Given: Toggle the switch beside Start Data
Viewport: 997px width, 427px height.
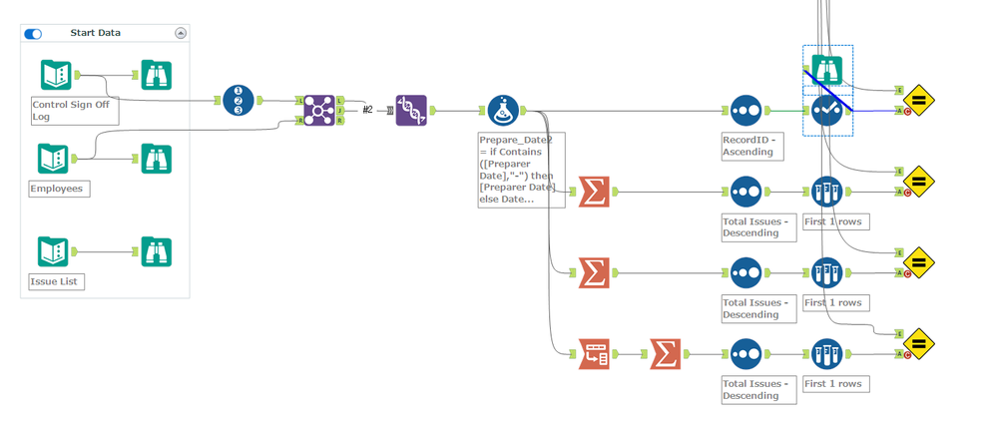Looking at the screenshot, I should [x=33, y=33].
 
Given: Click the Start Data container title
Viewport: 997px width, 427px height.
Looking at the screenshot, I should [x=95, y=33].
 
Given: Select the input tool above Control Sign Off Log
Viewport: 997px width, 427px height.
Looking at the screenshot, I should [x=56, y=76].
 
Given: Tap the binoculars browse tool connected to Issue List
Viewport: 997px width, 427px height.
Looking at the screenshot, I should [x=156, y=251].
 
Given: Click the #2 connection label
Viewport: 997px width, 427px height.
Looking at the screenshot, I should [x=367, y=110].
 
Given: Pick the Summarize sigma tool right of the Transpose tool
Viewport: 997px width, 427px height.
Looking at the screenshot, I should [x=665, y=353].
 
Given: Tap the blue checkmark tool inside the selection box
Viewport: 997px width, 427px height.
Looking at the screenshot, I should [x=827, y=112].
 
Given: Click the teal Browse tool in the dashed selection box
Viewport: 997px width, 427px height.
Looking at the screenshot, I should [x=827, y=70].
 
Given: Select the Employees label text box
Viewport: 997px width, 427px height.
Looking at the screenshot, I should [x=60, y=189].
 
